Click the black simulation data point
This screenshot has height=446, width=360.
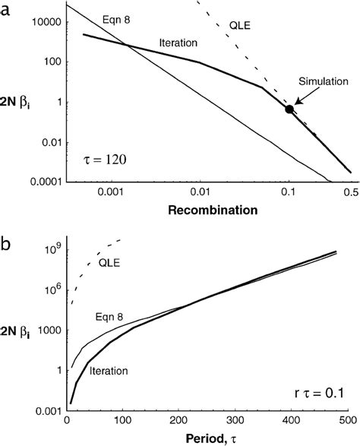289,109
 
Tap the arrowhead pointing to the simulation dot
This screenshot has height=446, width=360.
298,100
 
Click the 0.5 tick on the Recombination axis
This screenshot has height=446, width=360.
350,192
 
